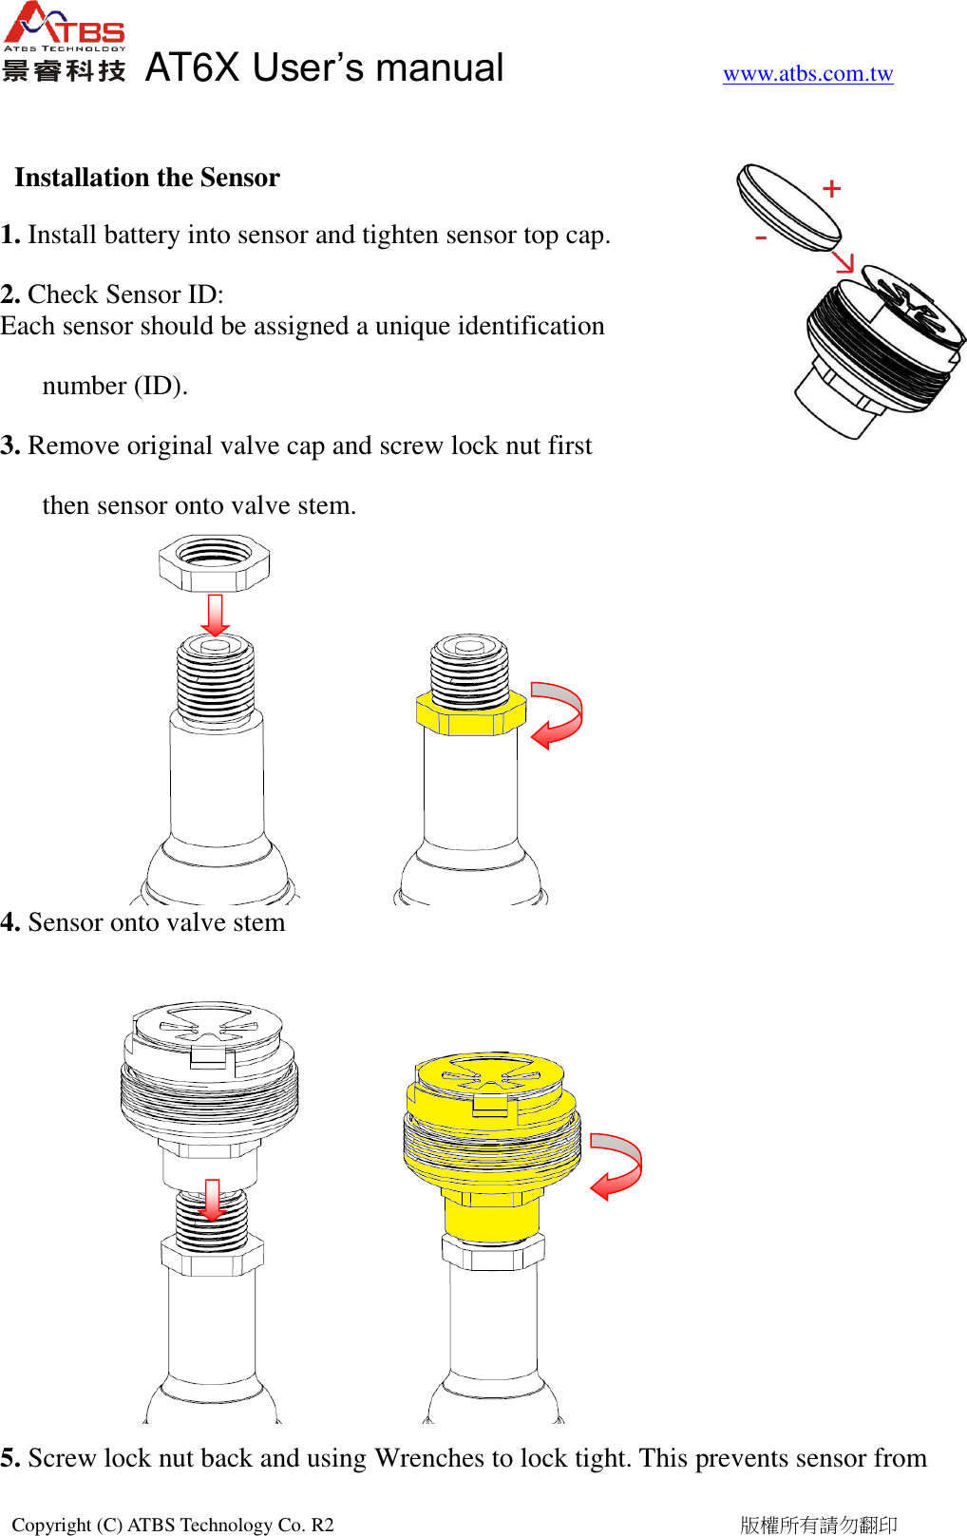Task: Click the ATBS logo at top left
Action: (64, 41)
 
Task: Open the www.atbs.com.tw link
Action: (807, 74)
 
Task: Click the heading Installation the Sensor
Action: (147, 178)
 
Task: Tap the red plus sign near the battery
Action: (832, 189)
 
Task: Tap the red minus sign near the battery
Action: (761, 237)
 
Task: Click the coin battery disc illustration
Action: (787, 207)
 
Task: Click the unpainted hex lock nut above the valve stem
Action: (215, 562)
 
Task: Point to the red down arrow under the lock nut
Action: (216, 615)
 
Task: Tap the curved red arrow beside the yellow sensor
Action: (616, 1166)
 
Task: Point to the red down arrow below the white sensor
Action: (212, 1200)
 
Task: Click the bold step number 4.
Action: (9, 922)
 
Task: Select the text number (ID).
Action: (115, 386)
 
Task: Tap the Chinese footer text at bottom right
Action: (818, 1525)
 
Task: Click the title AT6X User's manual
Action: (324, 68)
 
